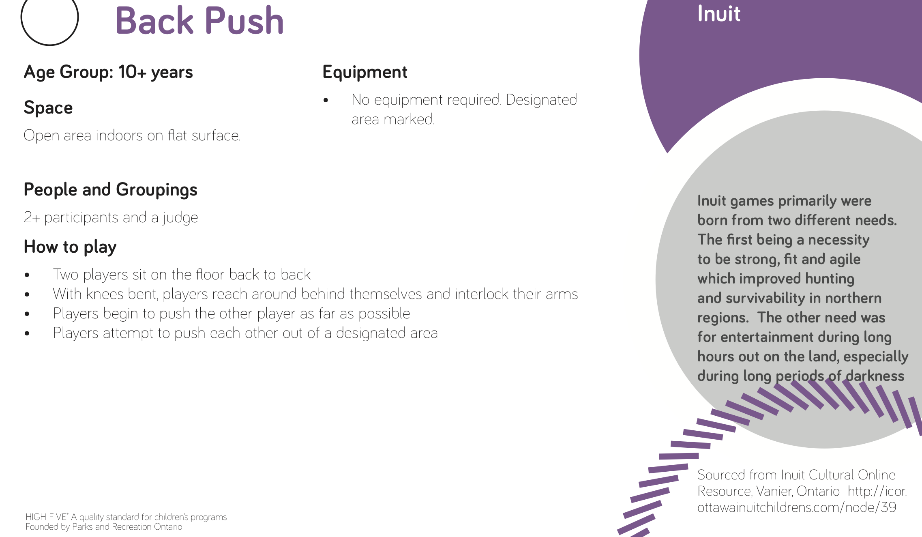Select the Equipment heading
point(365,72)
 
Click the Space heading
point(48,108)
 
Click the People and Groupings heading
point(111,190)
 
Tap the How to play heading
point(70,247)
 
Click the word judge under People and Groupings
point(180,218)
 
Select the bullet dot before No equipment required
point(326,101)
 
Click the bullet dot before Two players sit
point(27,275)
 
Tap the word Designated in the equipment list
point(541,100)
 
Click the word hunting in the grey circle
point(830,279)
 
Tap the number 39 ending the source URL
point(888,507)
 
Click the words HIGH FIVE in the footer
point(46,517)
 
